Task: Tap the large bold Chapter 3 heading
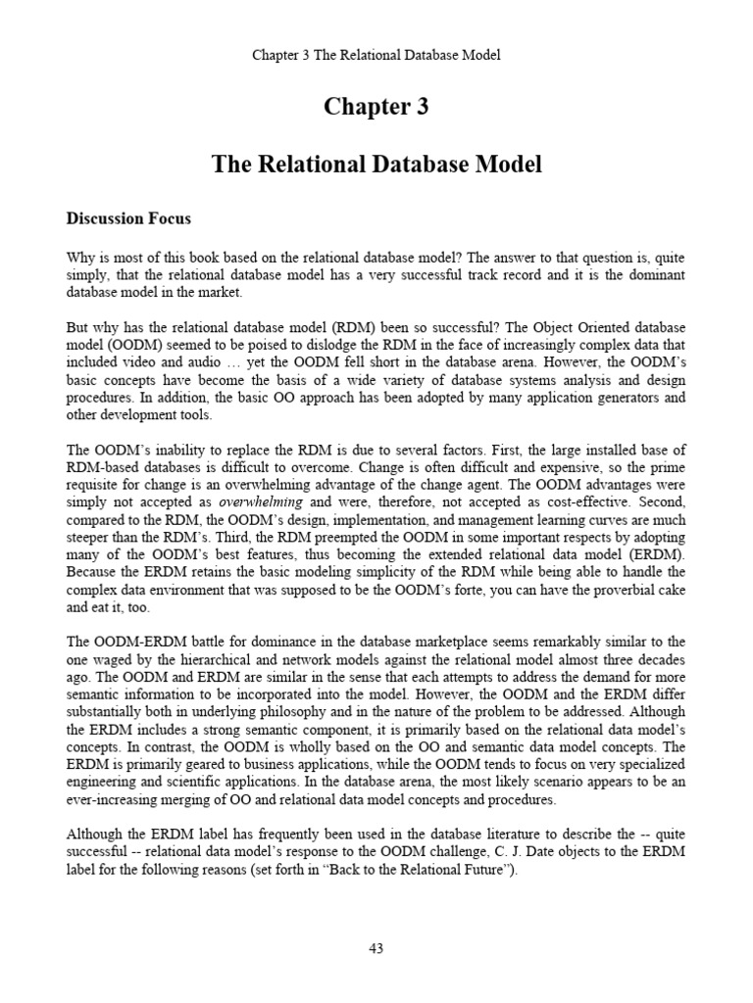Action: click(376, 108)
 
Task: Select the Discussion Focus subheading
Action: click(128, 218)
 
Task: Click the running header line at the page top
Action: click(376, 55)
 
